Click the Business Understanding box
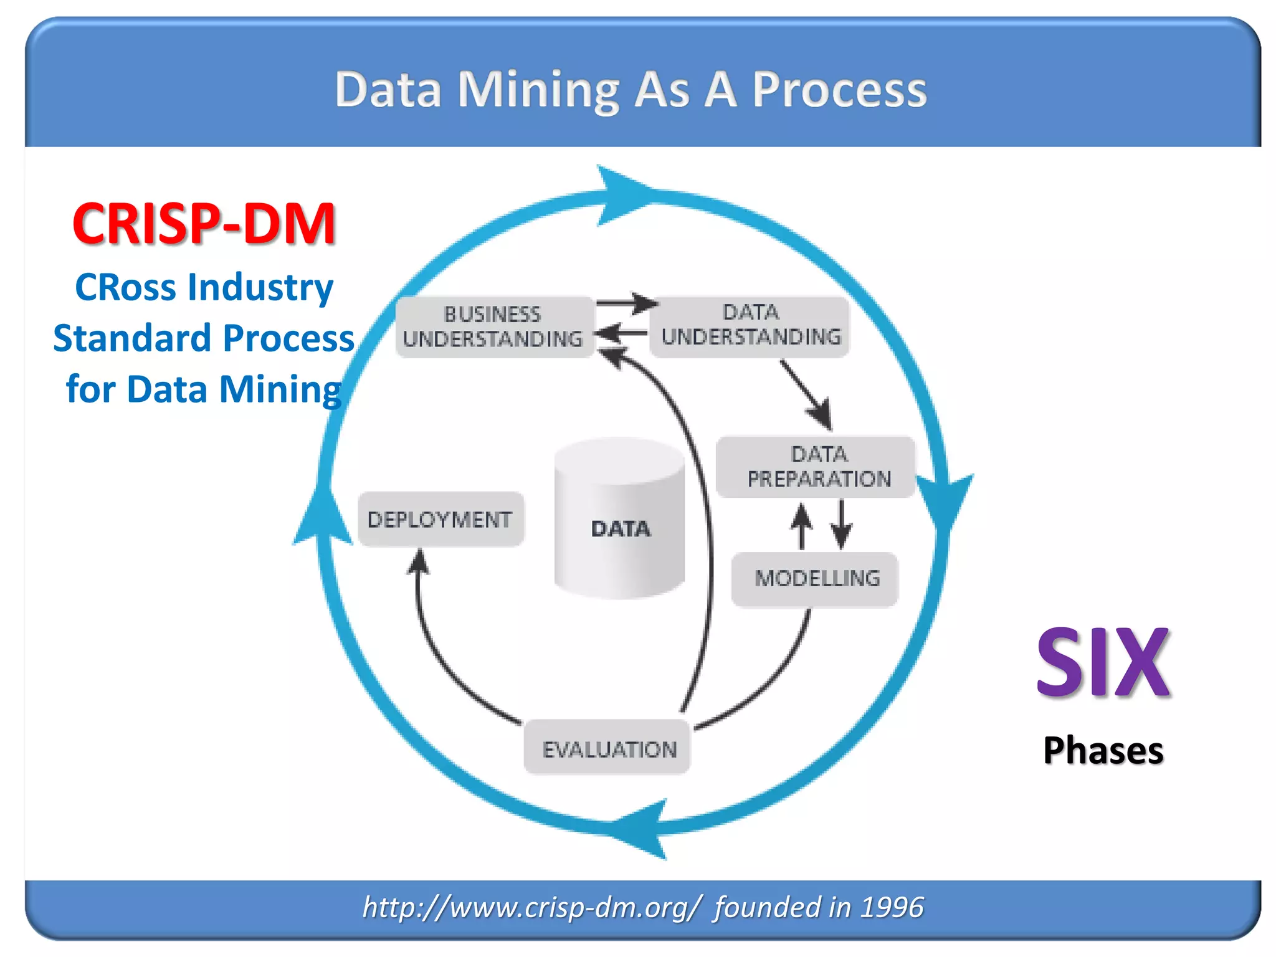[x=493, y=327]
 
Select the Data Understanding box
[x=750, y=326]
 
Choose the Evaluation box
[x=608, y=748]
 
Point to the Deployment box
[x=440, y=520]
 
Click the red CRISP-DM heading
[x=204, y=224]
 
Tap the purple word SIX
[x=1103, y=664]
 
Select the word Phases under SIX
[x=1103, y=750]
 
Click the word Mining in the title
[x=538, y=90]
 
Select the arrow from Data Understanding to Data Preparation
[x=806, y=394]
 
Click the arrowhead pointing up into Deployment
[x=419, y=561]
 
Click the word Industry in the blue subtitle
[x=260, y=288]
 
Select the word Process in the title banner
[x=839, y=90]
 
